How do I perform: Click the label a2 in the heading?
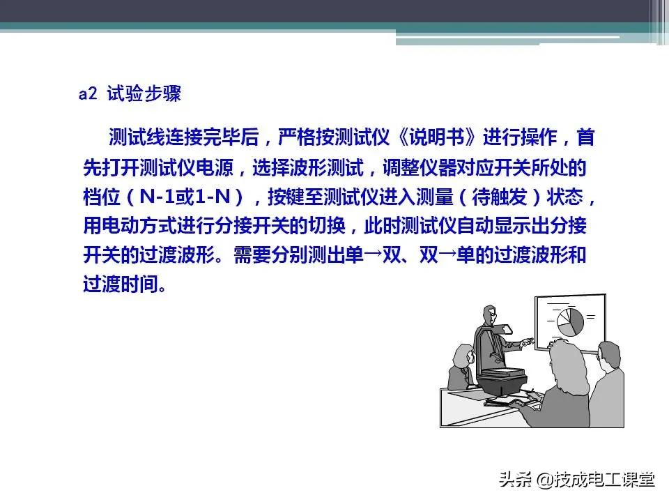(x=87, y=94)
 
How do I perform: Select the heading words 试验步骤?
(x=144, y=94)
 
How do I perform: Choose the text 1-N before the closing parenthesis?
(x=210, y=198)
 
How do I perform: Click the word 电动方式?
(x=139, y=227)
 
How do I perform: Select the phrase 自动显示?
(x=481, y=227)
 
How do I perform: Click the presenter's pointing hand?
(x=528, y=342)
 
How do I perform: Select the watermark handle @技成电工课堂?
(x=596, y=480)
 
